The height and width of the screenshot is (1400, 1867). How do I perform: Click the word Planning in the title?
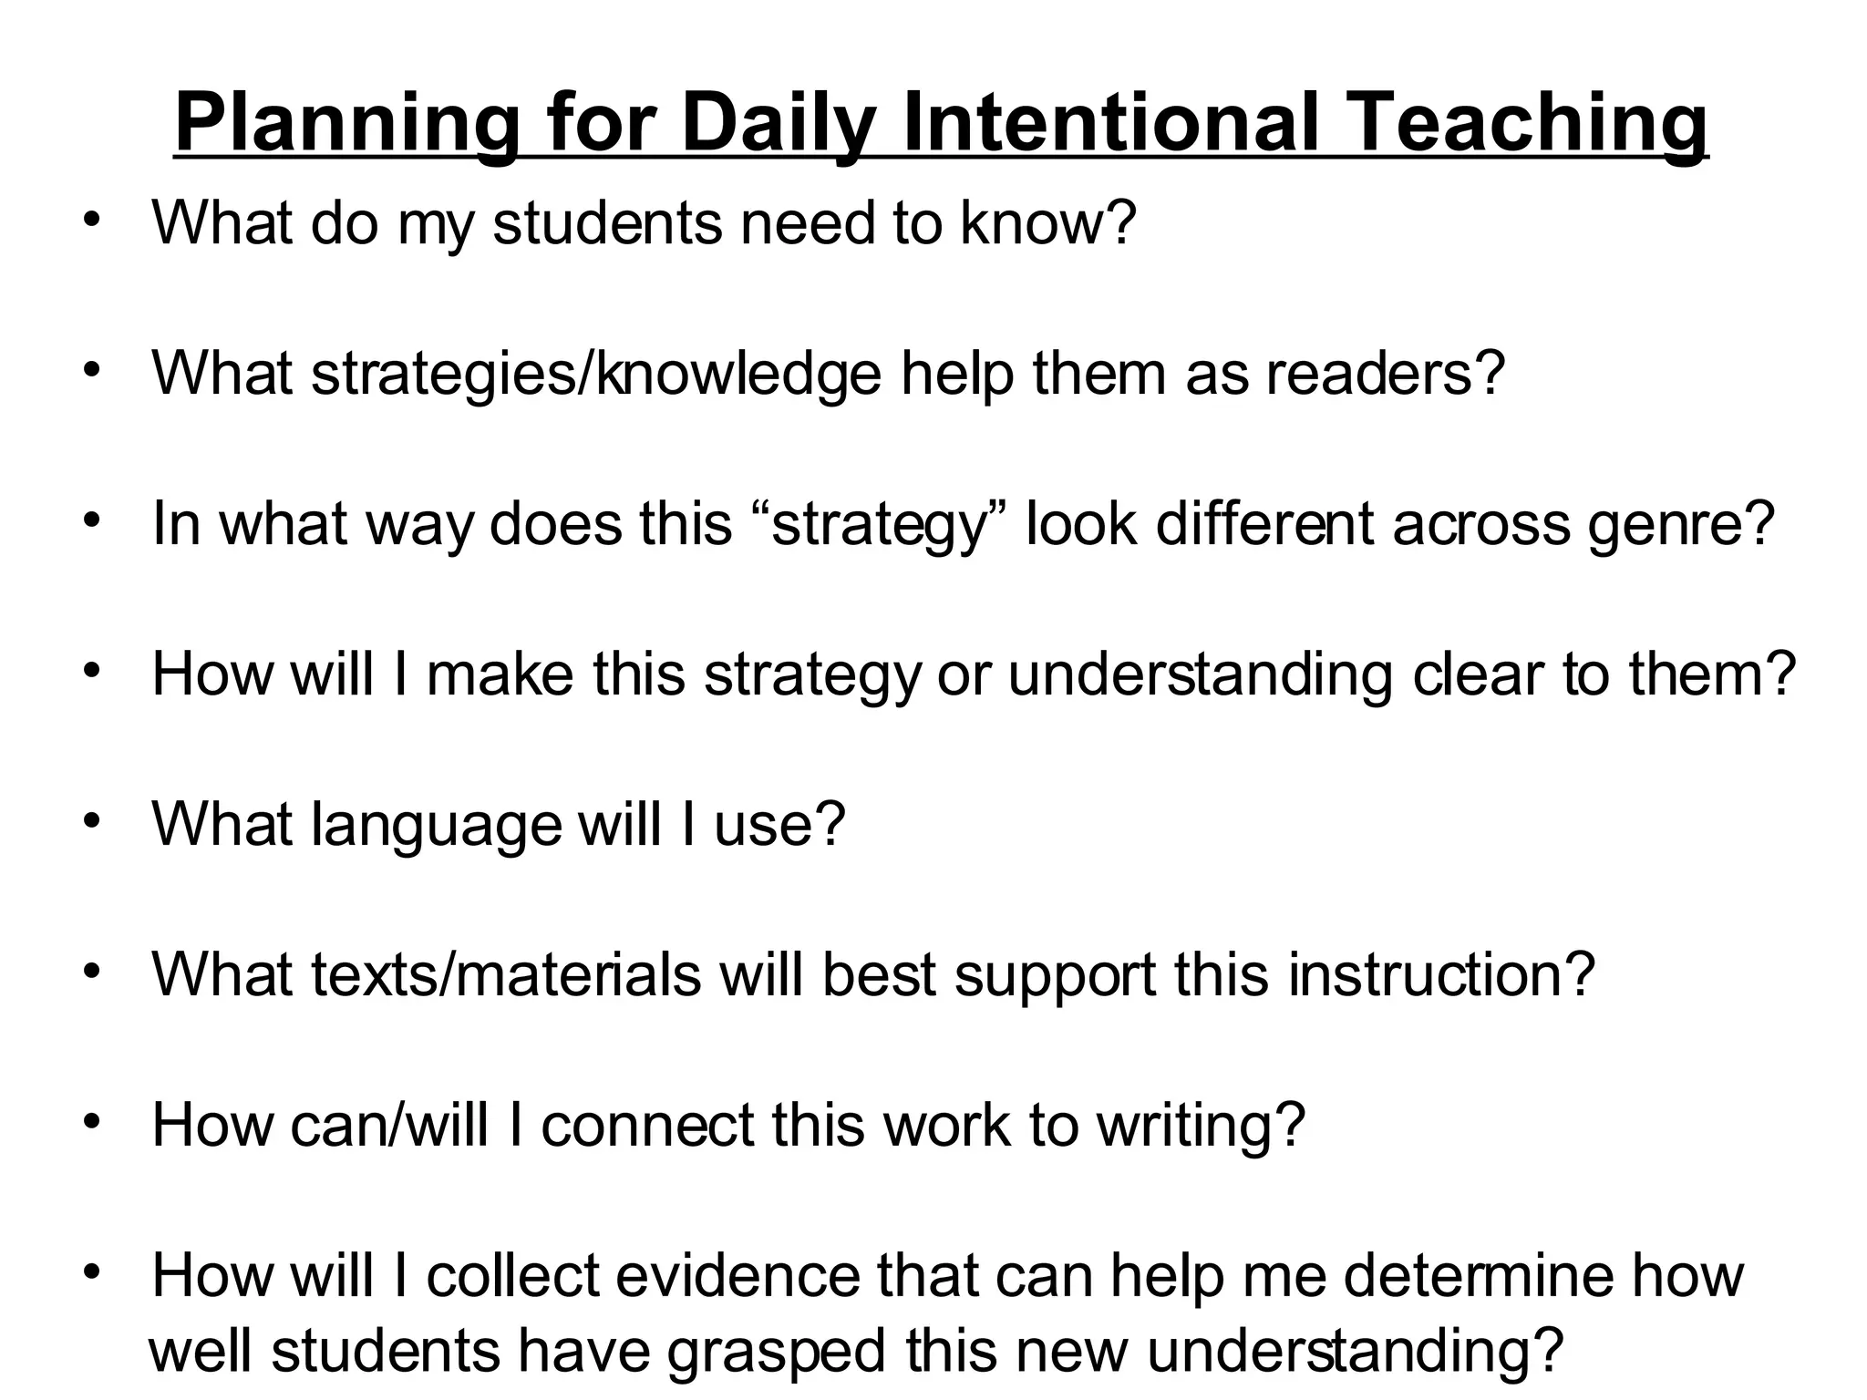[x=346, y=125]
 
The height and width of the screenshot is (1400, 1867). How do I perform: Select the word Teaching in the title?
[x=1526, y=125]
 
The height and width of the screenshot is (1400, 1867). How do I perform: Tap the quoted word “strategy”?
[x=880, y=525]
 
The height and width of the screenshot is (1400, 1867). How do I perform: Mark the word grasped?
[x=776, y=1351]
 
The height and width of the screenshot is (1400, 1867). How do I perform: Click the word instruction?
[x=1428, y=974]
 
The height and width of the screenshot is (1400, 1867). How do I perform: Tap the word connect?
[x=647, y=1125]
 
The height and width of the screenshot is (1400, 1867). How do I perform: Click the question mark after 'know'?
[x=1122, y=223]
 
